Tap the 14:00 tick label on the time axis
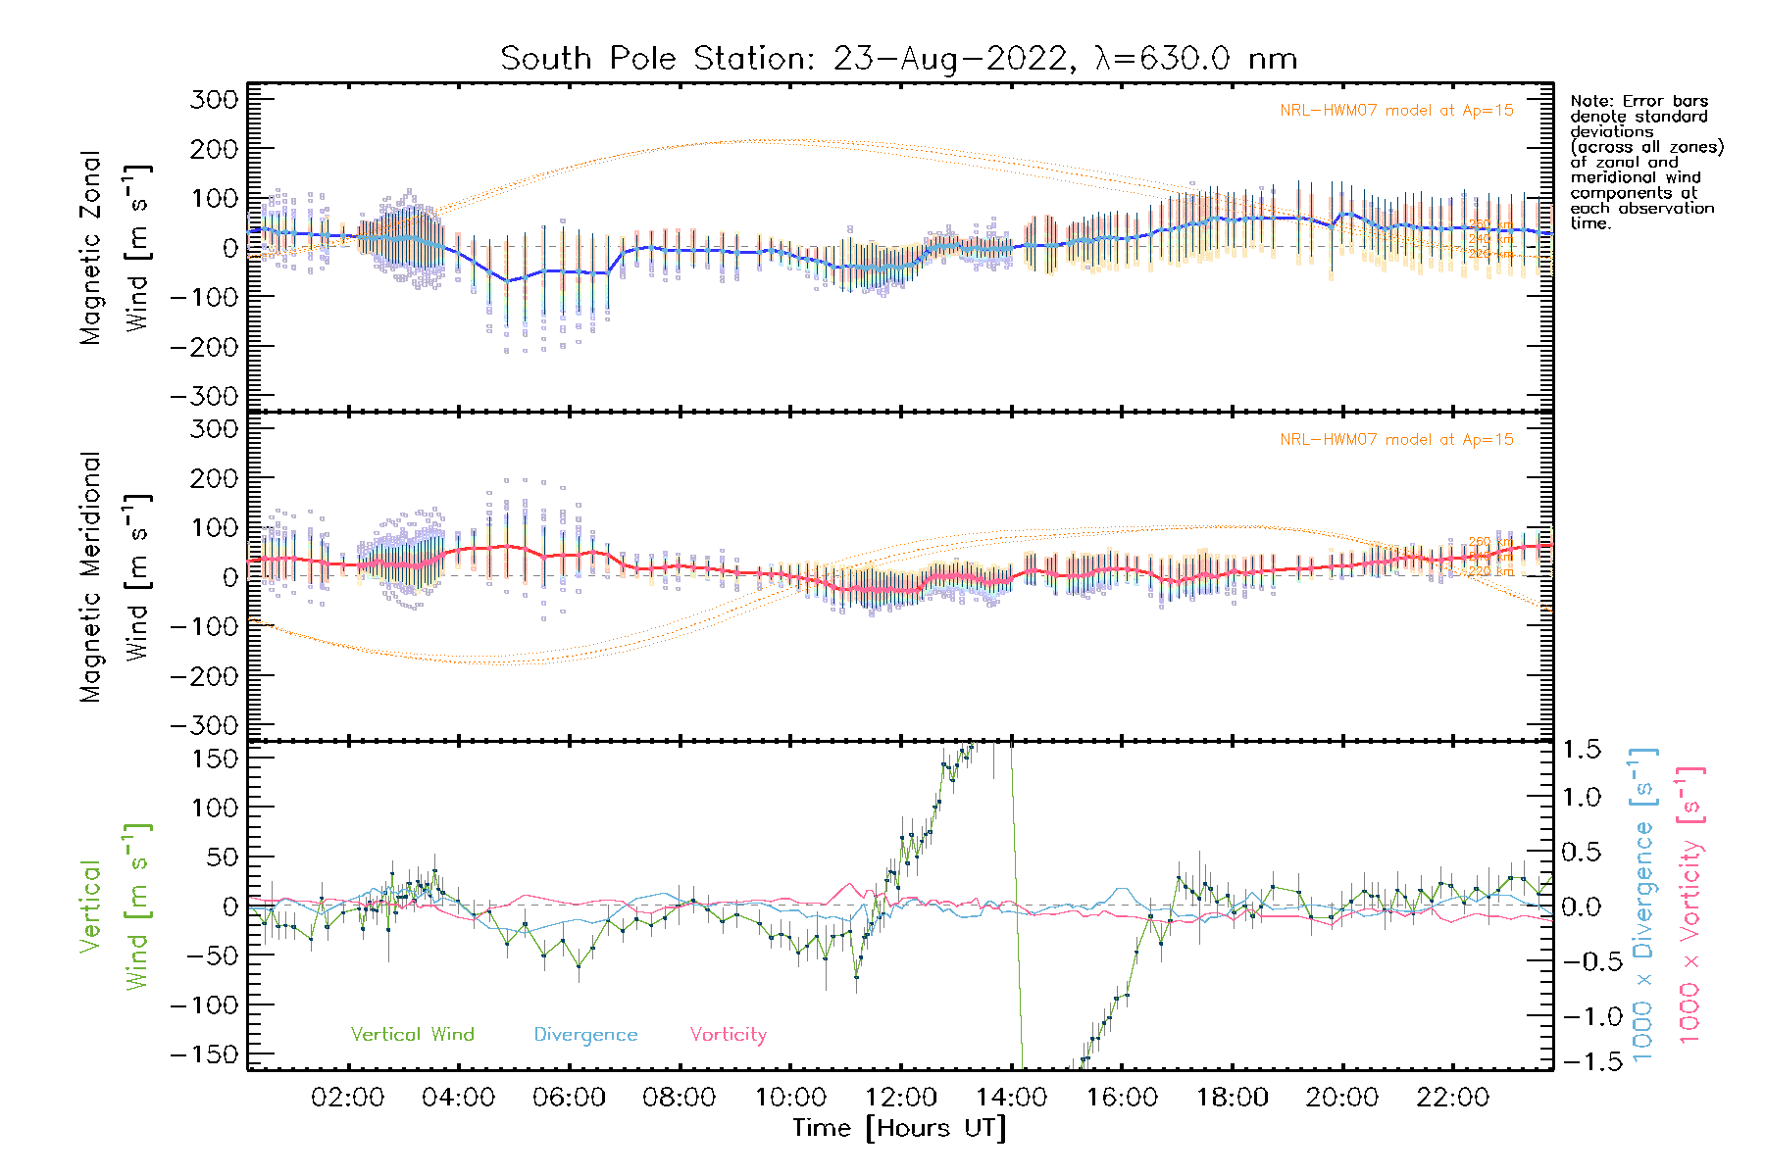(x=1011, y=1098)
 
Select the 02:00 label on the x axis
(x=347, y=1098)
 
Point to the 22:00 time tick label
(x=1452, y=1098)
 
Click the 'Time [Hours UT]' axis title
(x=899, y=1129)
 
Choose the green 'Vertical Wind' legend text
(x=412, y=1035)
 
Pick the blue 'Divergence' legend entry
(x=585, y=1035)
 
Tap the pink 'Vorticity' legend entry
(x=728, y=1035)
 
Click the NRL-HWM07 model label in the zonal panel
(x=1396, y=111)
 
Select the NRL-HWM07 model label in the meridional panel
(x=1396, y=440)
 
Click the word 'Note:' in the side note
(x=1593, y=101)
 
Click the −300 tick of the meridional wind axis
(x=204, y=725)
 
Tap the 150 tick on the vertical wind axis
(x=215, y=759)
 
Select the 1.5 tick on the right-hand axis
(x=1581, y=750)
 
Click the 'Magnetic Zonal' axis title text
(x=90, y=248)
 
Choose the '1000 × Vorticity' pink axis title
(x=1689, y=905)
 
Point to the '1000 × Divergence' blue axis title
(x=1642, y=905)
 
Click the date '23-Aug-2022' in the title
(x=949, y=59)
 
